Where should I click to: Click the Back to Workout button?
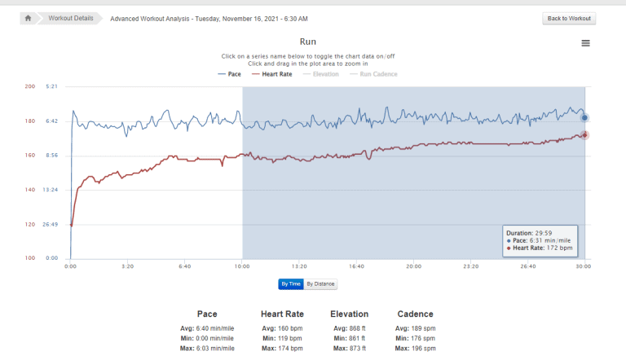(x=569, y=18)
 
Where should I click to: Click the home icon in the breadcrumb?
(x=28, y=18)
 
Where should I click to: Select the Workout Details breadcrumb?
(x=70, y=18)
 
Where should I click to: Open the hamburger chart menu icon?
(x=585, y=43)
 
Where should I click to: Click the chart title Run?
(x=308, y=42)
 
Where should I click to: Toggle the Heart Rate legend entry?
(x=271, y=74)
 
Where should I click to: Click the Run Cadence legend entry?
(x=373, y=74)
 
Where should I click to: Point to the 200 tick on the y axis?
(x=30, y=86)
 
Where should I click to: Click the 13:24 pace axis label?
(x=51, y=190)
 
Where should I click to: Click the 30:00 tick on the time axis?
(x=584, y=266)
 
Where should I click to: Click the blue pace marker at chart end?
(x=584, y=118)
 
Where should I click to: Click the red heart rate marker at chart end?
(x=584, y=135)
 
